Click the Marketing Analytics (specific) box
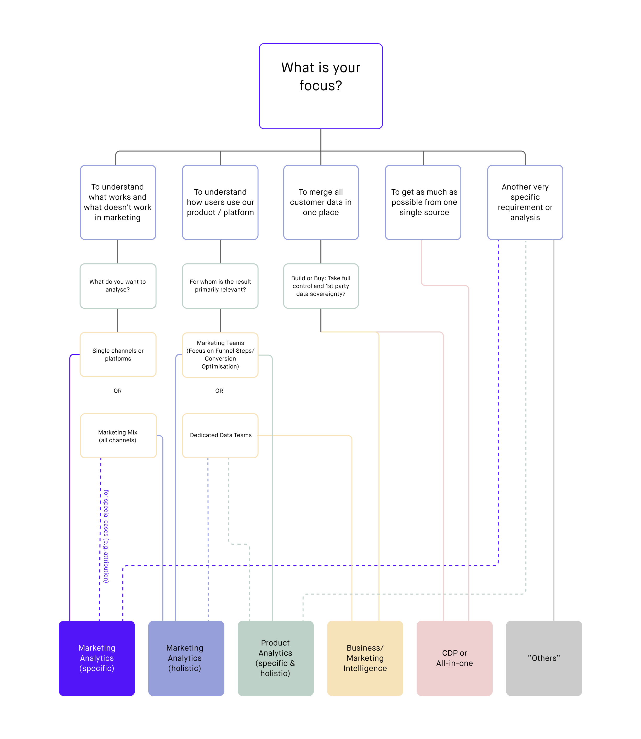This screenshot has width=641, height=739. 97,658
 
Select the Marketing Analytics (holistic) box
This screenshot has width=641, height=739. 186,658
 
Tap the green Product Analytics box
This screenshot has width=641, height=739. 275,658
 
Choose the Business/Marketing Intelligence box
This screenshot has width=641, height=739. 365,658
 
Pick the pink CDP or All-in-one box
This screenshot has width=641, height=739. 454,658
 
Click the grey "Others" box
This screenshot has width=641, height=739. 544,658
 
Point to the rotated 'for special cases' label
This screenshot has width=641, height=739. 106,537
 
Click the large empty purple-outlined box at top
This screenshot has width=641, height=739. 321,86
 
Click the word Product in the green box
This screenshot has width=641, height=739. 275,643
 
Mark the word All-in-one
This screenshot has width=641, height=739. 454,663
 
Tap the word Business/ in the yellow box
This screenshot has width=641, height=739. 365,648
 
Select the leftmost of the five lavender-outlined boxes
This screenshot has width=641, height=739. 118,202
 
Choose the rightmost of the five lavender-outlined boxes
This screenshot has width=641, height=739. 525,202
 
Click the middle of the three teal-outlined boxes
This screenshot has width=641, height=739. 220,286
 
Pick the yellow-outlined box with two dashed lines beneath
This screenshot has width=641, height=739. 220,436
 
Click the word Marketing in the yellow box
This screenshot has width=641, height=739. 365,658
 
